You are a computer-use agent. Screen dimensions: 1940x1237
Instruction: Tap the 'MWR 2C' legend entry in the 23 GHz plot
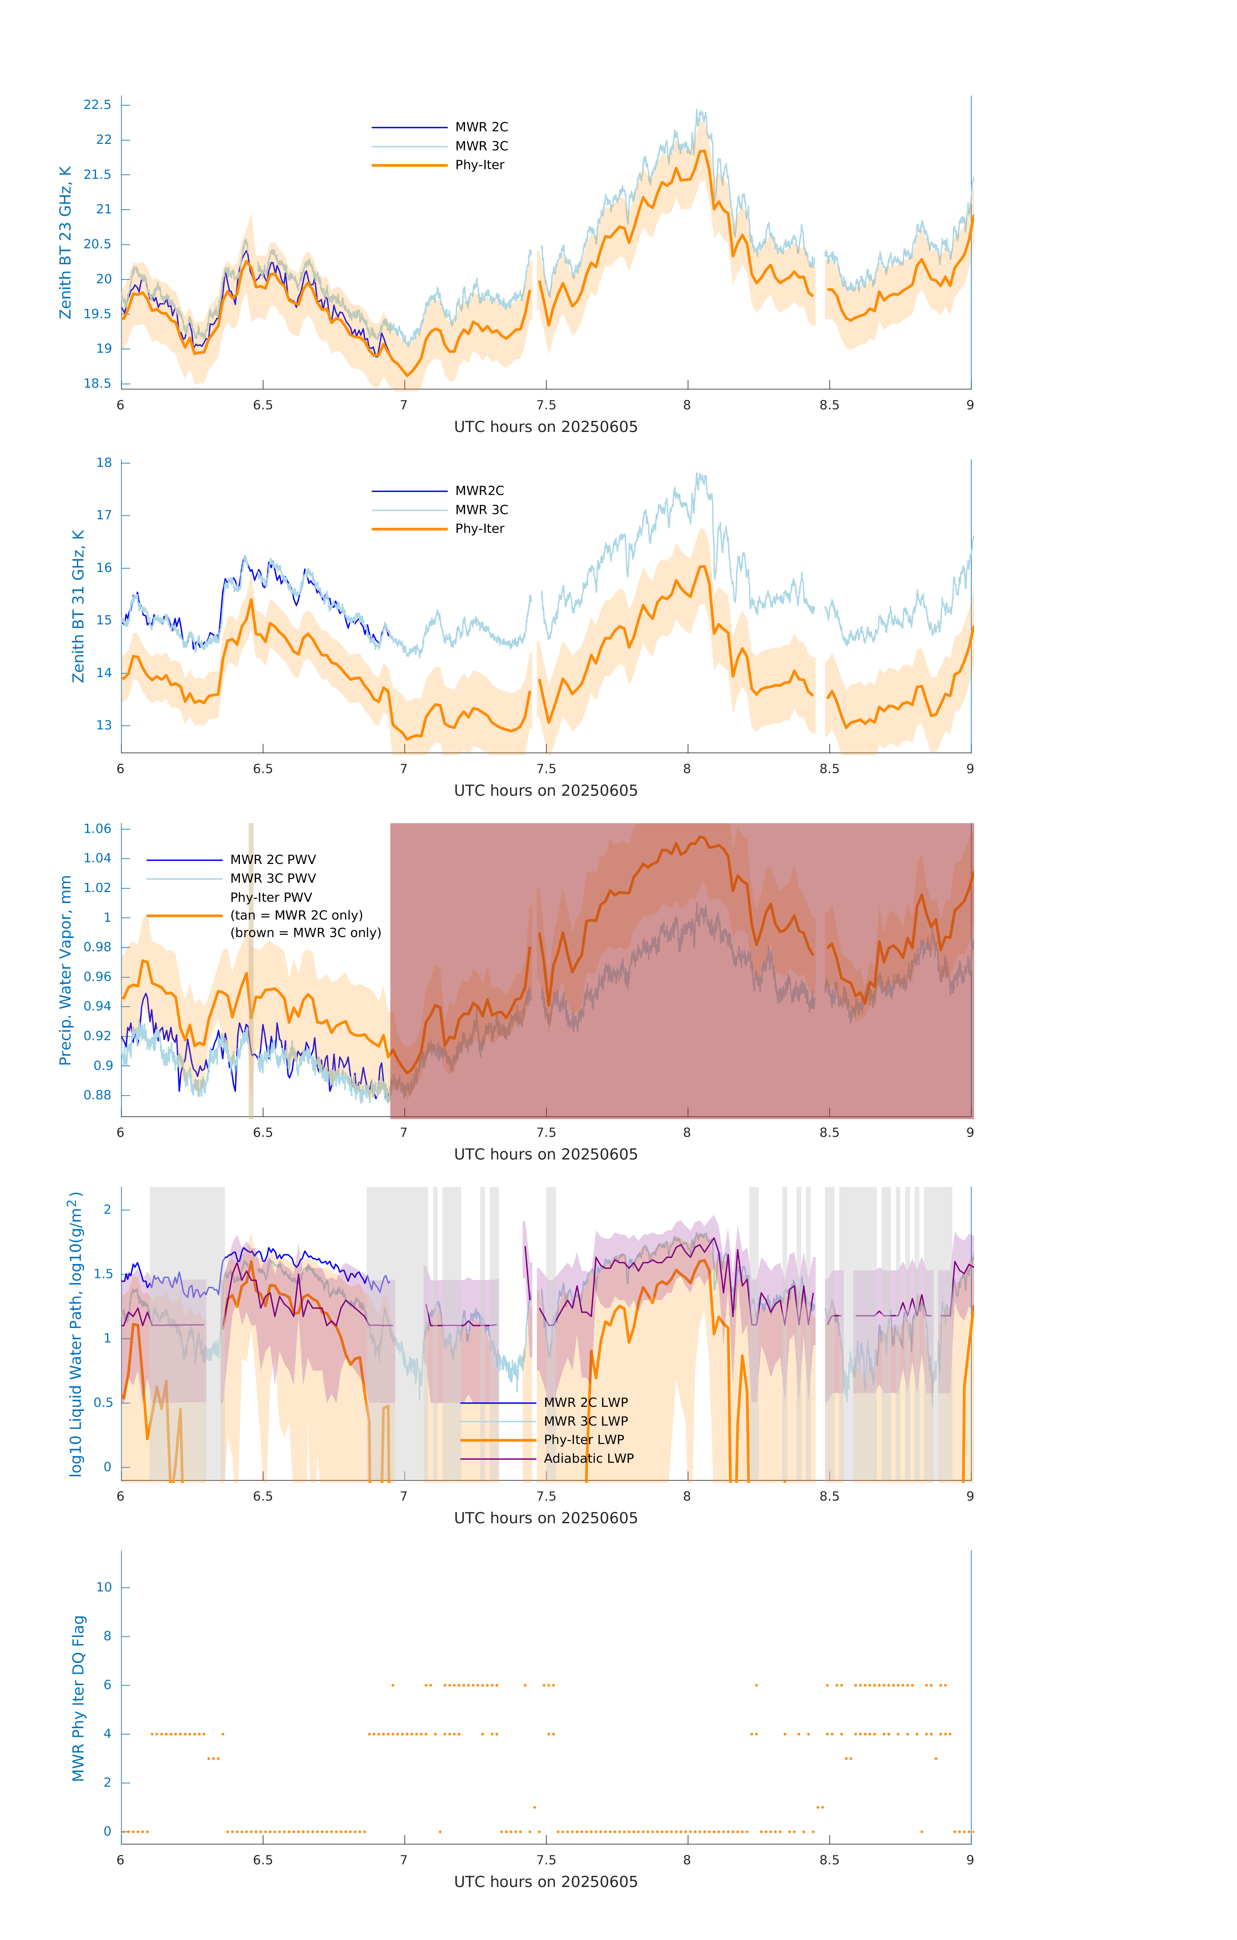[x=481, y=127]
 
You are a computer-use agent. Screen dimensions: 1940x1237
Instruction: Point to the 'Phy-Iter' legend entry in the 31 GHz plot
[x=480, y=529]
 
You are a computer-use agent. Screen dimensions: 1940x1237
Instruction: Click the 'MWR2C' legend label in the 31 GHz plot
[x=480, y=490]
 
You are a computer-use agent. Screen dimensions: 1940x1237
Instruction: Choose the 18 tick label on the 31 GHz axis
[x=104, y=462]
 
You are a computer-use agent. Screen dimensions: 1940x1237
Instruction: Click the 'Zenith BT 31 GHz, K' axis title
[x=78, y=606]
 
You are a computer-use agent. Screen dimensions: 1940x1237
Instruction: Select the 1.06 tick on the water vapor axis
[x=98, y=828]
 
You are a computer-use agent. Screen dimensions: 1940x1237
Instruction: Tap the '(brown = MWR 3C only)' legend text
[x=305, y=933]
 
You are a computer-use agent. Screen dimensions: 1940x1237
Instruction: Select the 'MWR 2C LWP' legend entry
[x=586, y=1403]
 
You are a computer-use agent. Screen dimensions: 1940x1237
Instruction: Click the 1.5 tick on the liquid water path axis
[x=103, y=1274]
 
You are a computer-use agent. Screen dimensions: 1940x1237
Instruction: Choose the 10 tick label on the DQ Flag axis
[x=104, y=1587]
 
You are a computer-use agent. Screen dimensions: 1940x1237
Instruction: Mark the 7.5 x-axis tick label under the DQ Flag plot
[x=546, y=1860]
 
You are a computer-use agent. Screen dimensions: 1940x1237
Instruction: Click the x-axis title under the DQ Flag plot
[x=546, y=1882]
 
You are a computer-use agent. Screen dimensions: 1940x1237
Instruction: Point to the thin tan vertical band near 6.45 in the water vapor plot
[x=251, y=971]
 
